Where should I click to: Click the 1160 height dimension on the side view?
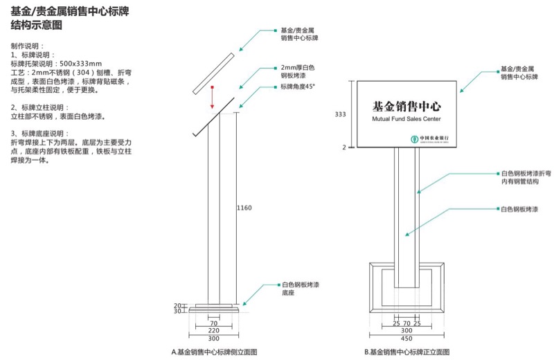point(244,207)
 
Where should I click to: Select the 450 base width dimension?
point(406,339)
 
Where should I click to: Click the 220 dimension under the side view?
point(213,331)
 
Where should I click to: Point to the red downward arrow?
point(213,97)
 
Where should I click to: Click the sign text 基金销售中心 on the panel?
point(406,107)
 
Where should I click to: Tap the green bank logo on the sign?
point(406,138)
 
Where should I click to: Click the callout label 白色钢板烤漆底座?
point(300,289)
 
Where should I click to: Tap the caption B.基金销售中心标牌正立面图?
point(406,352)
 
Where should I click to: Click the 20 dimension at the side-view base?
point(177,305)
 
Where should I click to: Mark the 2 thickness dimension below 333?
point(344,147)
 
